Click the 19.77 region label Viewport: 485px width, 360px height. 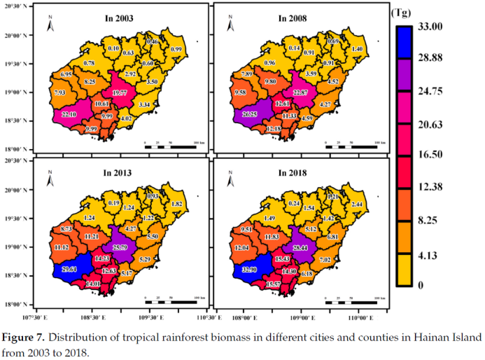point(120,92)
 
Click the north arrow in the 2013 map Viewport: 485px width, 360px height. point(50,182)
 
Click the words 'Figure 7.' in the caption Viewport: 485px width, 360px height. point(25,338)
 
